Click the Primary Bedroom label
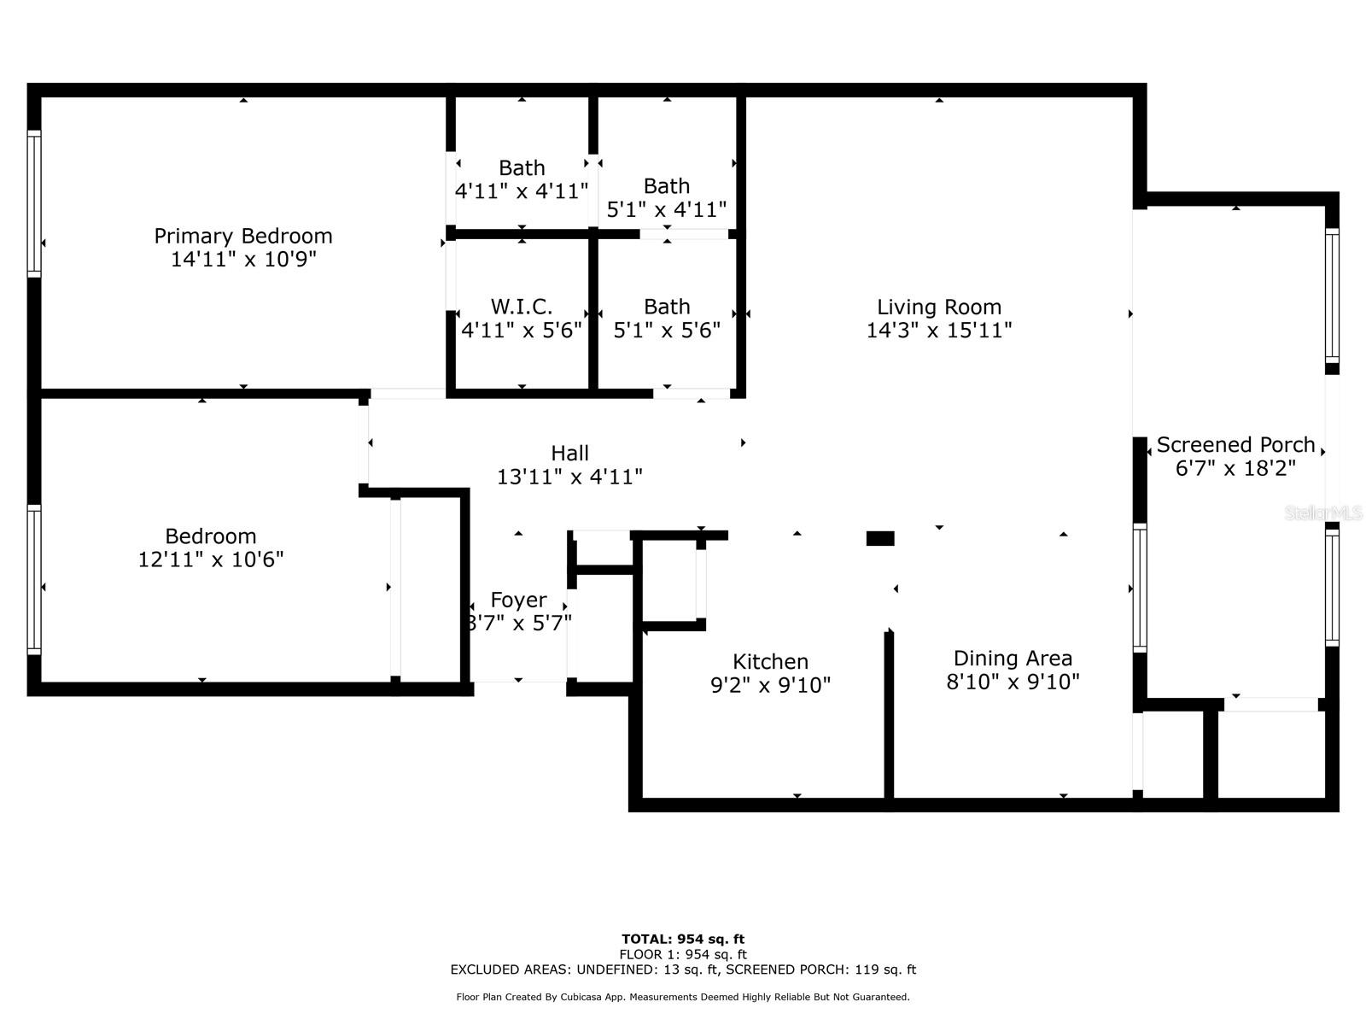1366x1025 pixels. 243,236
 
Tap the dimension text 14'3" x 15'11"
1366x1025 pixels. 939,330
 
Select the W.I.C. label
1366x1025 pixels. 522,307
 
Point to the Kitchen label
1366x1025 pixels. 770,661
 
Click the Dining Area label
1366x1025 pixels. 1013,659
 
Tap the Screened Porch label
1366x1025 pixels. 1235,445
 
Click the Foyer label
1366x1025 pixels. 518,600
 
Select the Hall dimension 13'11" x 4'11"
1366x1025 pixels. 569,477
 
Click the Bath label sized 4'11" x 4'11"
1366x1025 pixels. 522,168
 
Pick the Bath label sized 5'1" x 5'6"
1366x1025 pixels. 667,307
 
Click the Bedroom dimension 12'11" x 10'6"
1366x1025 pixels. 211,559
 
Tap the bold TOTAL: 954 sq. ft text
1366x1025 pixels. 683,939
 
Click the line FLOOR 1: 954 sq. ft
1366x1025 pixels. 683,954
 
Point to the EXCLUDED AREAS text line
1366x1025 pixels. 683,969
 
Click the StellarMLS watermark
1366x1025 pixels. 1323,512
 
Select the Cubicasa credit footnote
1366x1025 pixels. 683,997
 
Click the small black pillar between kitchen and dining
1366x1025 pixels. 880,538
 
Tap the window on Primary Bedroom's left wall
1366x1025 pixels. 34,203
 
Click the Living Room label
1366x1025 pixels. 939,307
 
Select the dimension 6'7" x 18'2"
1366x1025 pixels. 1235,468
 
